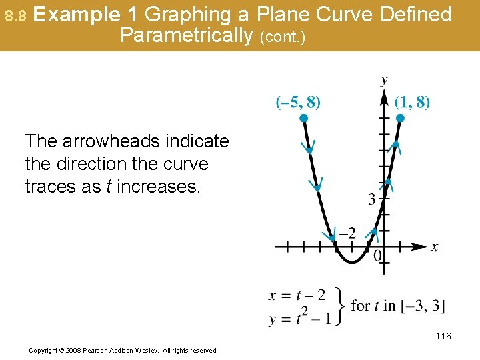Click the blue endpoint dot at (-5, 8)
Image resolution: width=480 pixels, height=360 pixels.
(303, 118)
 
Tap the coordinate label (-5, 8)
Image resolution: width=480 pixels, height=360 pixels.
(298, 102)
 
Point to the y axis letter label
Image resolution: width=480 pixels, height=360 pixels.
(384, 81)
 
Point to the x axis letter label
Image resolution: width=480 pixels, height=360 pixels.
(435, 247)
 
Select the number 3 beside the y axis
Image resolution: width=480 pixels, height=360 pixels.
(371, 199)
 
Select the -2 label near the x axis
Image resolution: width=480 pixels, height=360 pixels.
(347, 233)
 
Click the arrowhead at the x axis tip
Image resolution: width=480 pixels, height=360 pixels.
(420, 247)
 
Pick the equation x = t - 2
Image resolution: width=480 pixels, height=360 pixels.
(297, 295)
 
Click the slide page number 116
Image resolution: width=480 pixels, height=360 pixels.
(443, 336)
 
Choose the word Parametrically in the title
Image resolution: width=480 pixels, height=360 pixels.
(184, 35)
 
